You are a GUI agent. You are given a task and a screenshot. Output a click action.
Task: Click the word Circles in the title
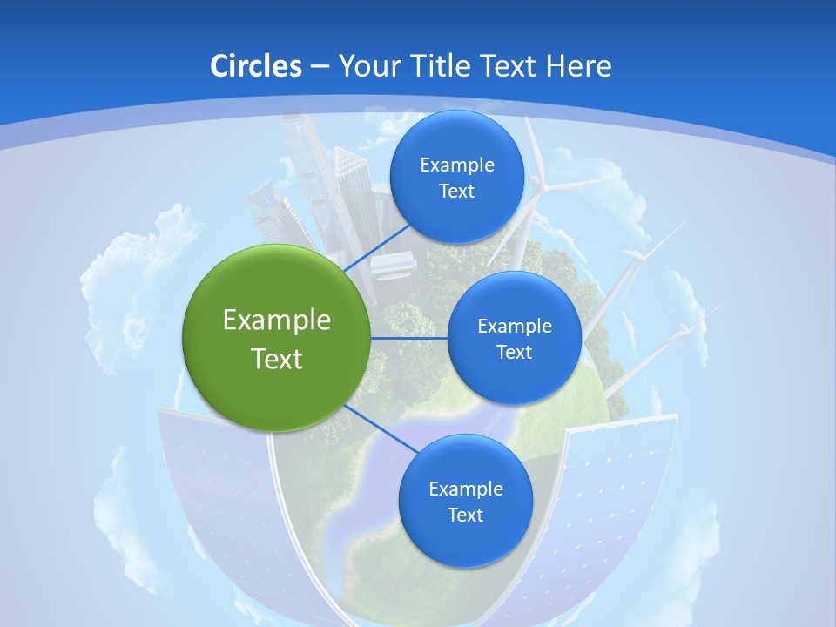click(255, 66)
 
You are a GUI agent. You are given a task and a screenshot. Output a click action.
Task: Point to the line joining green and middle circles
click(408, 338)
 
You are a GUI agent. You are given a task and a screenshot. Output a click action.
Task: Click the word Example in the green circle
click(276, 320)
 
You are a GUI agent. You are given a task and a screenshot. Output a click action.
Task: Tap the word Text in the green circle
click(276, 359)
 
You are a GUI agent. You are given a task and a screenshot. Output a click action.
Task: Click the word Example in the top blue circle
click(456, 165)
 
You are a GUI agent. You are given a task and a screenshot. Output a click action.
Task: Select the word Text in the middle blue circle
click(514, 353)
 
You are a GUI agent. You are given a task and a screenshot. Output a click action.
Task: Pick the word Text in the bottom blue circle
click(465, 516)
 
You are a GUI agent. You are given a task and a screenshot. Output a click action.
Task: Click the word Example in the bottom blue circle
click(465, 489)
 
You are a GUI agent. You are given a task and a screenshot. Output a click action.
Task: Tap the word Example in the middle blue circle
click(514, 327)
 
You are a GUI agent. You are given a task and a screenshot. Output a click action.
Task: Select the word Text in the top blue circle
click(456, 192)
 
